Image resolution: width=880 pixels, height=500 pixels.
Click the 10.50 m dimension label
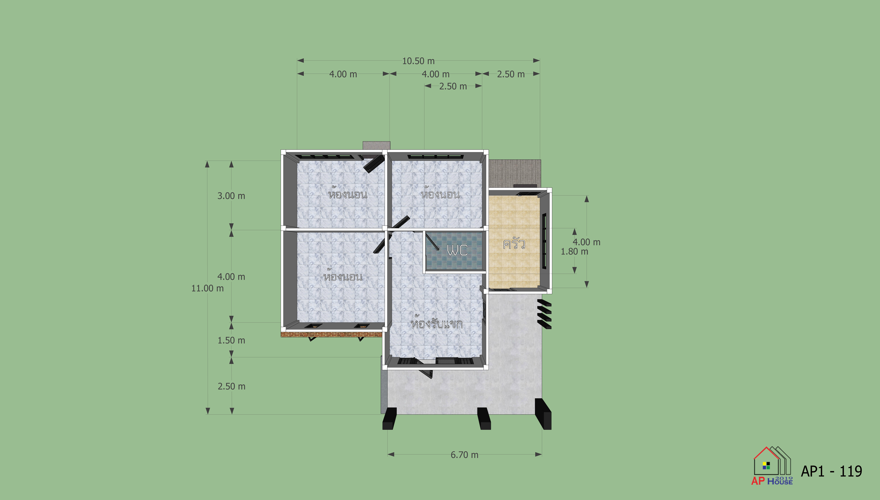coord(418,61)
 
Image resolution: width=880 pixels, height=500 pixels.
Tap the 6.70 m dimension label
coord(464,455)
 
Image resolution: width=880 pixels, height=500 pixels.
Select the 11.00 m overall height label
coord(207,288)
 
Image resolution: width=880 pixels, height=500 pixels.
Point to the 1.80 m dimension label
coord(574,252)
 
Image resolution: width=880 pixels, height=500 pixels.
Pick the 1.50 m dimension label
coord(231,341)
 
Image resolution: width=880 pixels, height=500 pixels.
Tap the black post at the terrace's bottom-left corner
coord(389,419)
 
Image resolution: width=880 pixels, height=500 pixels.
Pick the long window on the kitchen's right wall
coord(544,241)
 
